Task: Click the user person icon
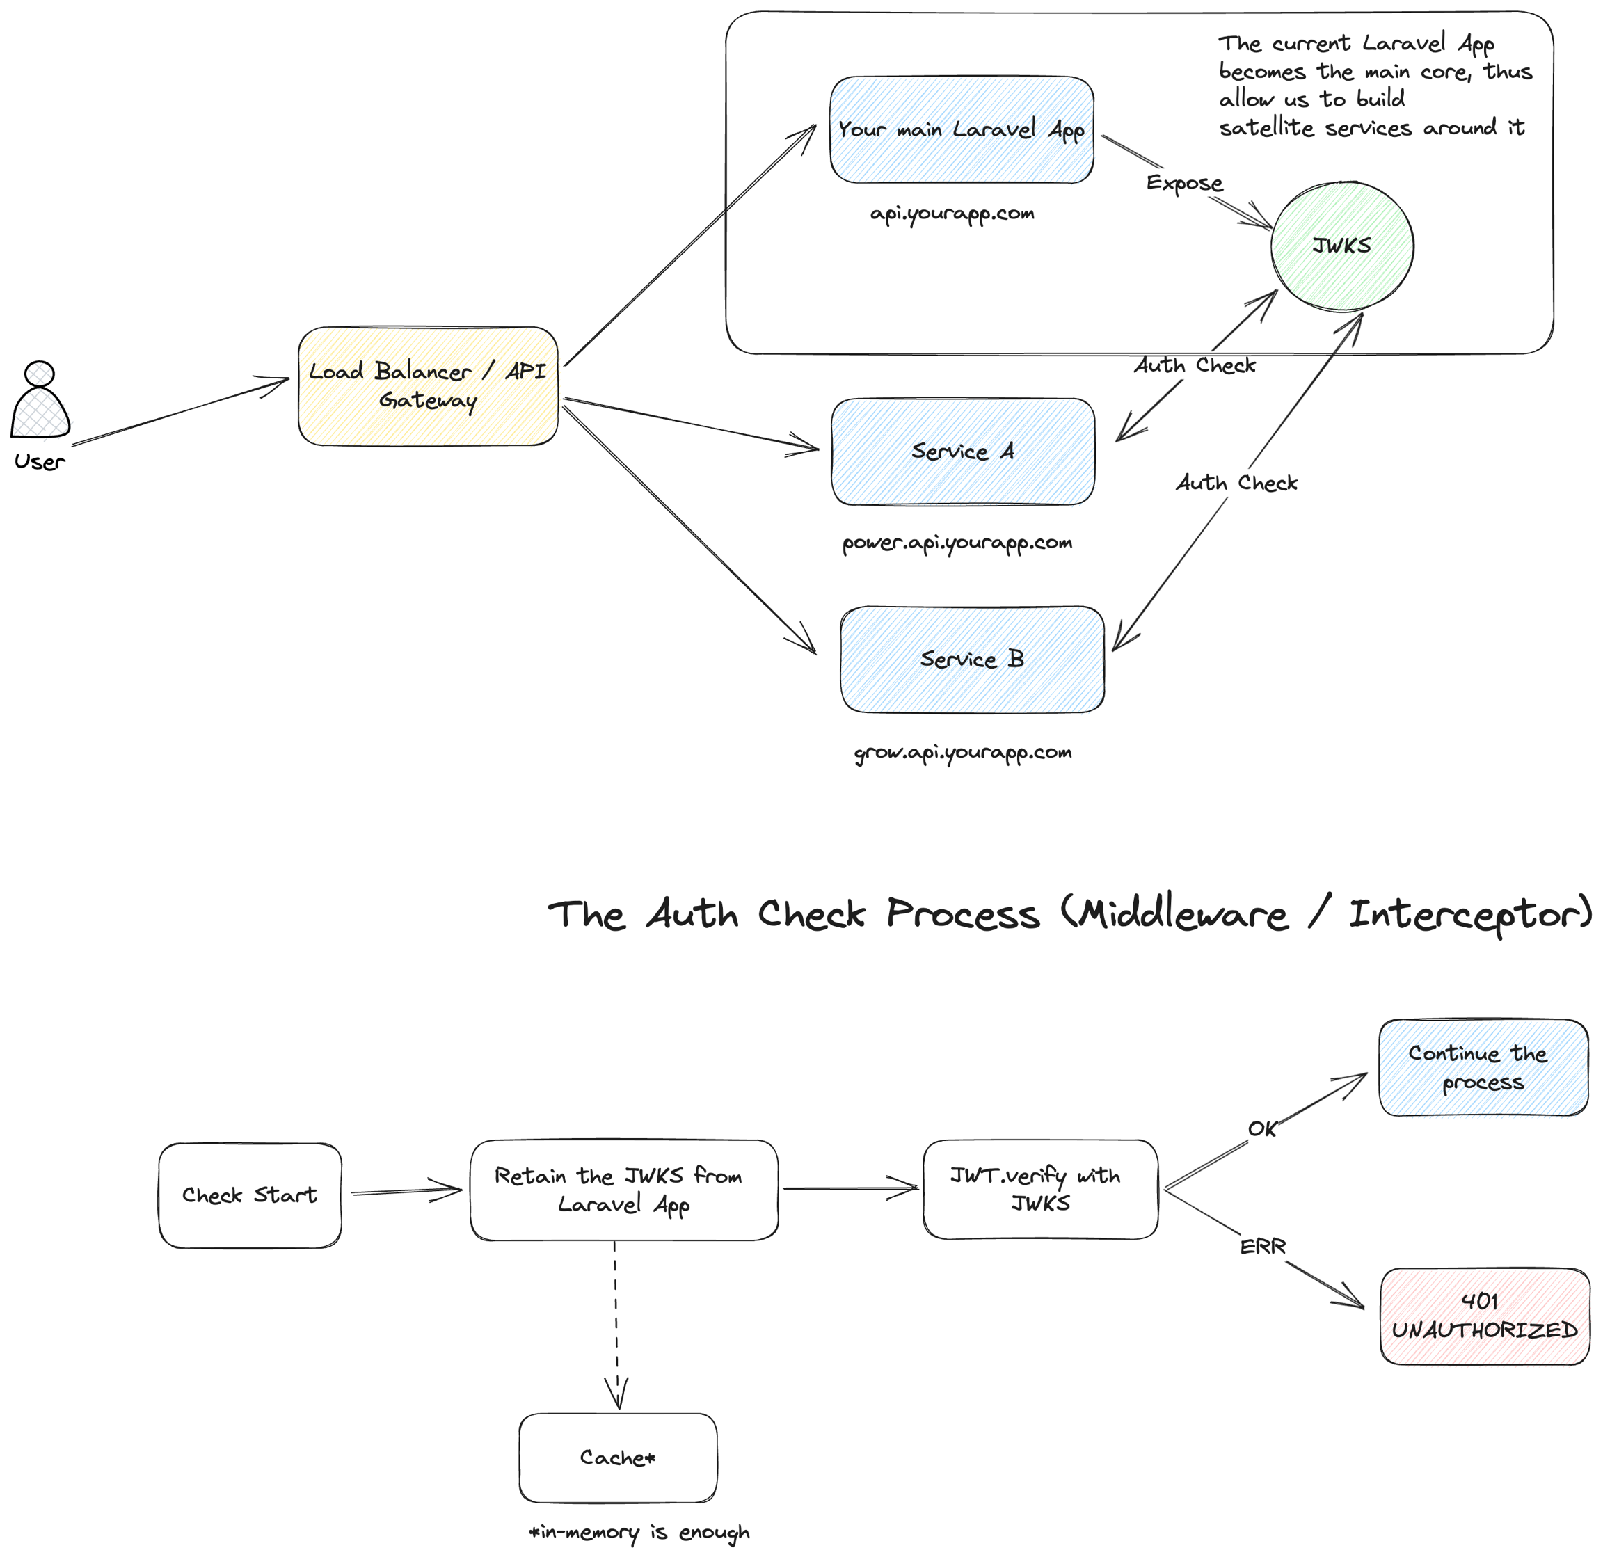point(40,401)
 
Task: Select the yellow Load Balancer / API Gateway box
point(428,386)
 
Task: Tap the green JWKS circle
point(1341,246)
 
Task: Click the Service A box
point(963,452)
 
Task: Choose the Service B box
point(972,659)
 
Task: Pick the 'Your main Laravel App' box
point(962,130)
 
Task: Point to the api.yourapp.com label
point(952,214)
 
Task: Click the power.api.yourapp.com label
point(957,543)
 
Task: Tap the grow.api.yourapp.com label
point(963,752)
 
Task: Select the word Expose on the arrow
point(1184,183)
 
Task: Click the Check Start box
point(250,1195)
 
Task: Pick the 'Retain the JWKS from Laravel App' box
point(623,1190)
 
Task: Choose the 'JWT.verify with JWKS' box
point(1039,1189)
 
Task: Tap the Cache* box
point(618,1458)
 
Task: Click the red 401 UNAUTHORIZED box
point(1485,1316)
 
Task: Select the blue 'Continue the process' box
point(1482,1067)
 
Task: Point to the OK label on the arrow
point(1262,1129)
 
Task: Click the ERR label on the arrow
point(1263,1246)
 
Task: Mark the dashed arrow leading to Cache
point(616,1325)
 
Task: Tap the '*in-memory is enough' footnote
point(639,1532)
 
